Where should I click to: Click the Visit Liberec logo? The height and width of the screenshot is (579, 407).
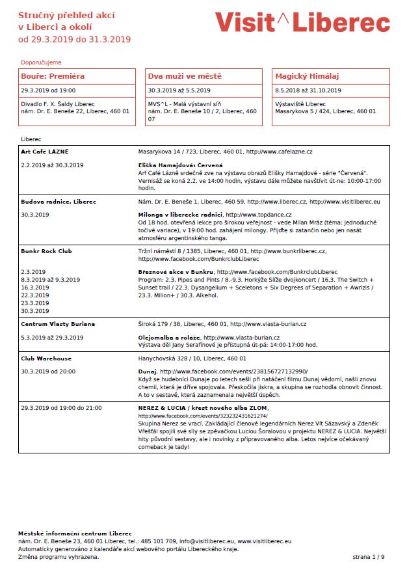(302, 22)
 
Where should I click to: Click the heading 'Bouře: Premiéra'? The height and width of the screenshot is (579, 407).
(49, 76)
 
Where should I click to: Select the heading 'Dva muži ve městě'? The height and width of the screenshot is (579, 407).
(179, 76)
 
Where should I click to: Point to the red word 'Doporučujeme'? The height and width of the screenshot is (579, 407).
(41, 62)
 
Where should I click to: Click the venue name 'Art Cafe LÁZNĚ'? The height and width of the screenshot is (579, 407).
(45, 152)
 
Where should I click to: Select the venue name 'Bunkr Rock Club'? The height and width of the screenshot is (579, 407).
(46, 251)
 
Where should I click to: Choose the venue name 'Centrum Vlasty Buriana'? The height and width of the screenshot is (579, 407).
(58, 324)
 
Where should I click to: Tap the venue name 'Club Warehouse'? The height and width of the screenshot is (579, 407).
(46, 358)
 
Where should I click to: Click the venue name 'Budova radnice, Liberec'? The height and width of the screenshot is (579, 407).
(59, 202)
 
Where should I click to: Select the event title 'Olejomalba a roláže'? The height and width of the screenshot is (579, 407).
(169, 338)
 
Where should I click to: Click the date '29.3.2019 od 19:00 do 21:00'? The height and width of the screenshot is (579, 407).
(62, 408)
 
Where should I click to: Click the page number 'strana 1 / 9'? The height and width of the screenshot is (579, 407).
(369, 557)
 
